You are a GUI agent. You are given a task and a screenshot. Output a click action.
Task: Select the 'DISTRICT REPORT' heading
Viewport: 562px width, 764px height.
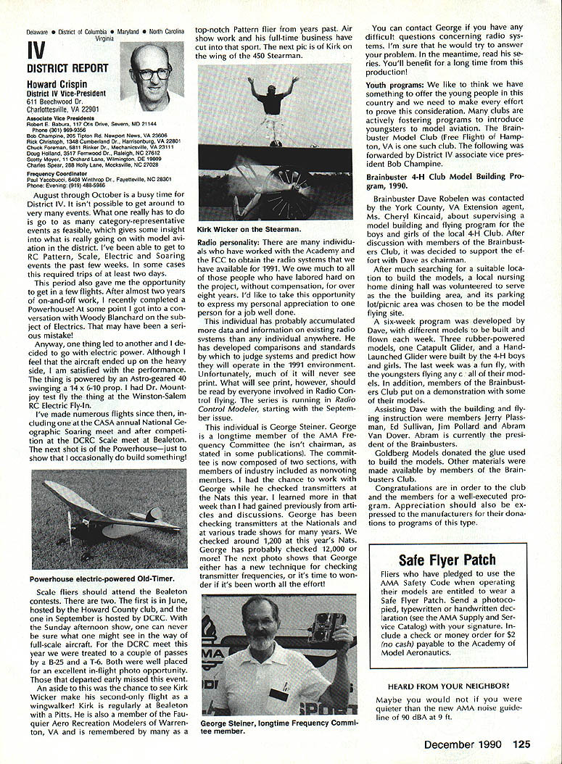(x=67, y=69)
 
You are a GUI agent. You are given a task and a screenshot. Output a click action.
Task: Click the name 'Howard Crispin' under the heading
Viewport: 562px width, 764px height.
(x=56, y=84)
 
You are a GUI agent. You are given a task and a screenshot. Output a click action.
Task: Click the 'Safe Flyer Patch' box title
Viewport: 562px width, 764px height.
(x=447, y=560)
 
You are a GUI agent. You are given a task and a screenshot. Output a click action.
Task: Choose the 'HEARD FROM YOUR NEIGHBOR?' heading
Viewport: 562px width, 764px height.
(x=447, y=686)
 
